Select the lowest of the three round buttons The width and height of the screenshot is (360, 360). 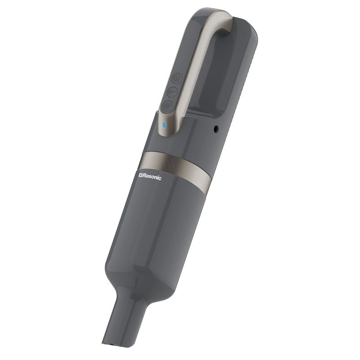167,106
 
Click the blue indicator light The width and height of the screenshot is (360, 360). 164,125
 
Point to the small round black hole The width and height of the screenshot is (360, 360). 216,129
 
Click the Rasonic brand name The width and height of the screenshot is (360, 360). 150,176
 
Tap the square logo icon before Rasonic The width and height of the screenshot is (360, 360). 140,175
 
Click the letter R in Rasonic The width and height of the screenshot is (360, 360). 144,176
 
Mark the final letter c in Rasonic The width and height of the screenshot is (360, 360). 160,178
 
